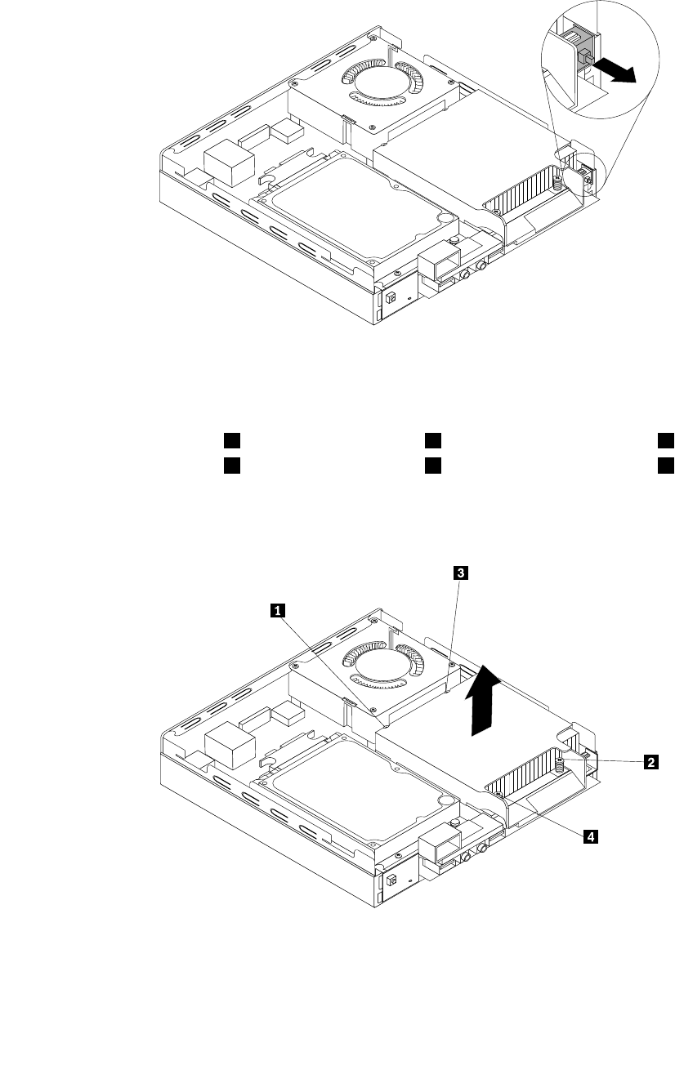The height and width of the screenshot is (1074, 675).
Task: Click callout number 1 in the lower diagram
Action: click(x=279, y=608)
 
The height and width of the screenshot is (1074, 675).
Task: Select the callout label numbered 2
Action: click(x=650, y=763)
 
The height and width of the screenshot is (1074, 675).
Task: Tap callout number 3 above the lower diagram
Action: click(x=460, y=573)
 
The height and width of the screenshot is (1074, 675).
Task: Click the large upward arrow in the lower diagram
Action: click(x=486, y=698)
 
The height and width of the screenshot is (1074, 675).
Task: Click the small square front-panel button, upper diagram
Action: click(x=391, y=299)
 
